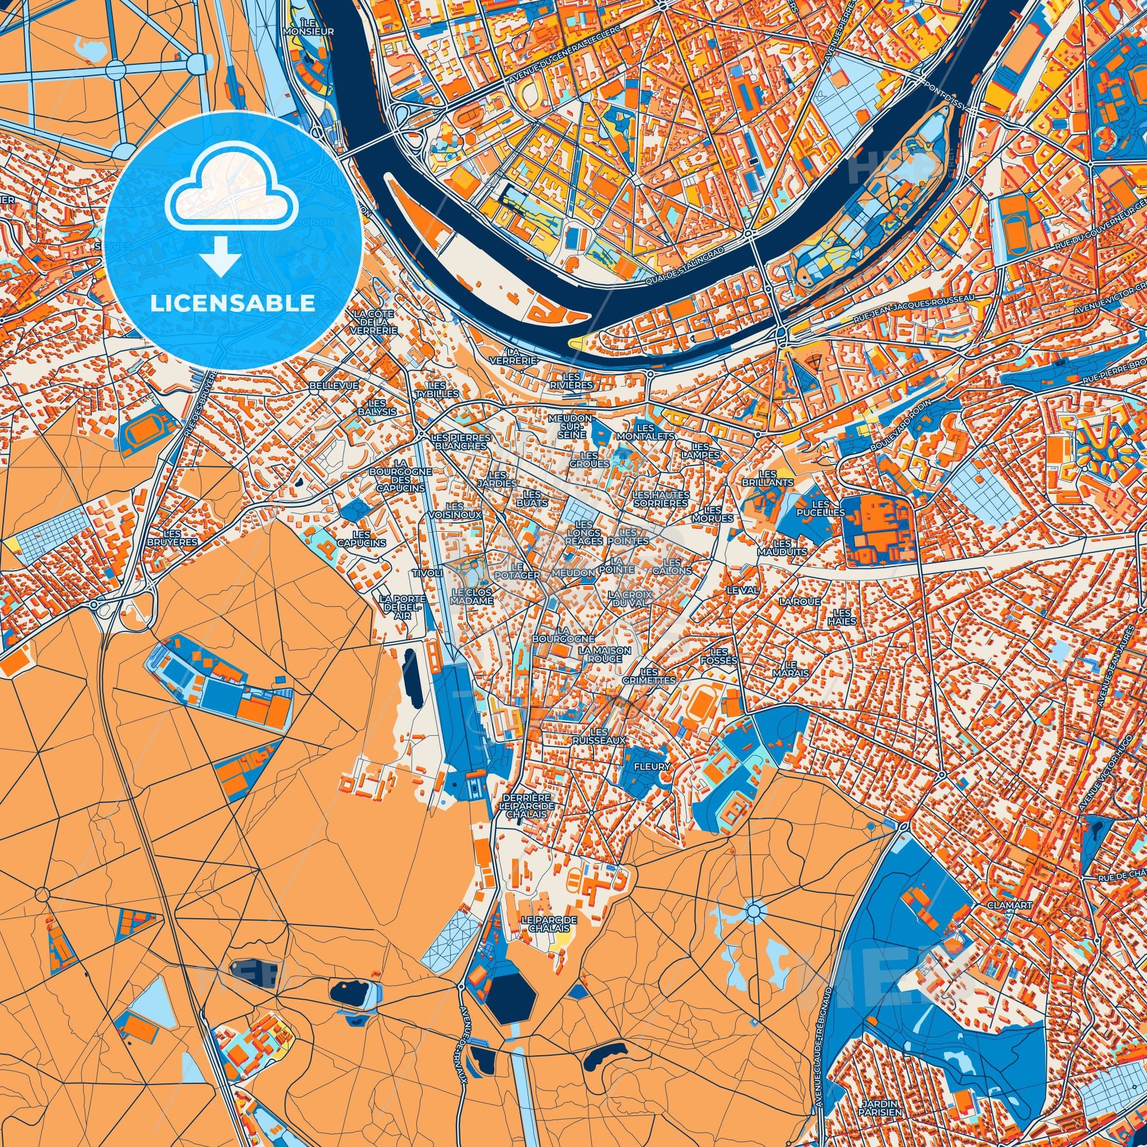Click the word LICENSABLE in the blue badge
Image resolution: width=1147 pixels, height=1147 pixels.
(x=232, y=303)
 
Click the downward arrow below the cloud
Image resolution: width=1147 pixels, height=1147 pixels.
(x=220, y=255)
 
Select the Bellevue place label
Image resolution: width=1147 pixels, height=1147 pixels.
(x=334, y=385)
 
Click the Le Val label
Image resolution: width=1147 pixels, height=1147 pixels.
(x=742, y=590)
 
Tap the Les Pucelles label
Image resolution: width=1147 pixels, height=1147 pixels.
(x=820, y=508)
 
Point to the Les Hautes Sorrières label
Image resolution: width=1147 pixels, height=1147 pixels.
(x=661, y=499)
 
